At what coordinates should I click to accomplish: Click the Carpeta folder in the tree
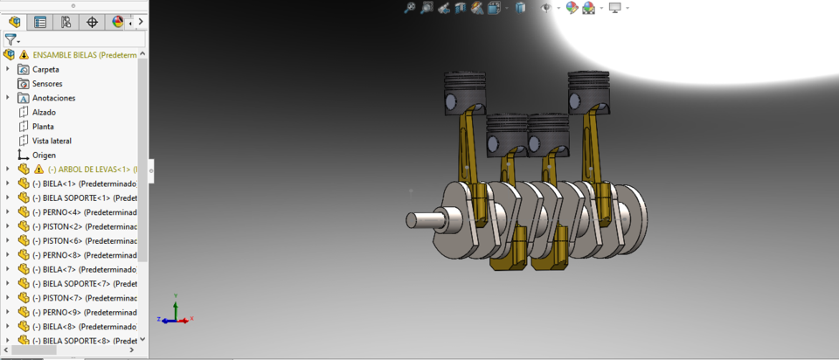(45, 69)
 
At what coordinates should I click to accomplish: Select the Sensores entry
(47, 83)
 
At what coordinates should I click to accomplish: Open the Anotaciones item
(53, 98)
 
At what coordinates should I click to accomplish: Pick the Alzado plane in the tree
(44, 112)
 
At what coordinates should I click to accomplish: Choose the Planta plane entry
(43, 126)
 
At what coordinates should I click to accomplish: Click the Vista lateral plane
(52, 141)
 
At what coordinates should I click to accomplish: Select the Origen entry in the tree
(44, 155)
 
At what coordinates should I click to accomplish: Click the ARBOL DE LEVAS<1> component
(88, 170)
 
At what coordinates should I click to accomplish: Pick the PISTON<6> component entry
(82, 240)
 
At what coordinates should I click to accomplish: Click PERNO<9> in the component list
(82, 312)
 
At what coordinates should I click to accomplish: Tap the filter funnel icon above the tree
(10, 39)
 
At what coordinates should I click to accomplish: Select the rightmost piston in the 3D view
(588, 89)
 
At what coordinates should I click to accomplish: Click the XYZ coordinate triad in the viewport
(175, 316)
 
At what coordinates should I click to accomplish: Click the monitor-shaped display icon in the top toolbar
(614, 8)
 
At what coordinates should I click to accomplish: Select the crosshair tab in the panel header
(92, 22)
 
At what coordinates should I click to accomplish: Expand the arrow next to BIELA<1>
(8, 183)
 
